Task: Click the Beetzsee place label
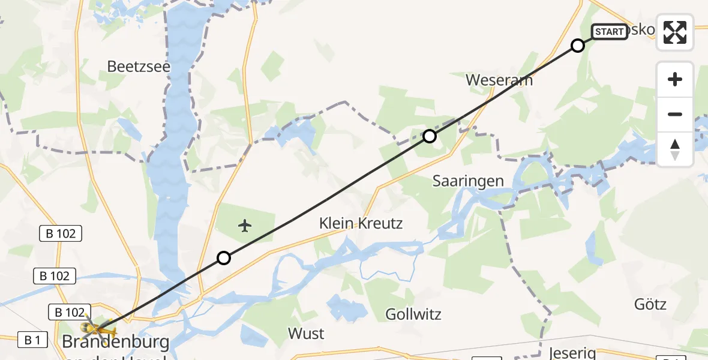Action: point(139,67)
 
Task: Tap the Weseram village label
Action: point(499,80)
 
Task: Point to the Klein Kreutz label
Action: point(361,224)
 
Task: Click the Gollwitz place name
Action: point(413,314)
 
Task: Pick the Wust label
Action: point(306,333)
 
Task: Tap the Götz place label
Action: point(650,304)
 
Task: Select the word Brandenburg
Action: point(116,343)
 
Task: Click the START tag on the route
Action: point(610,32)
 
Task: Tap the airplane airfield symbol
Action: point(244,226)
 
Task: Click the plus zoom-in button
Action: point(675,80)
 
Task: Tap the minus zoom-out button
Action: point(675,114)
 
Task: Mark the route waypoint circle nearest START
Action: point(577,46)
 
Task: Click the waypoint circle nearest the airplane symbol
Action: point(223,258)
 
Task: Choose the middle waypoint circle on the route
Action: point(429,136)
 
